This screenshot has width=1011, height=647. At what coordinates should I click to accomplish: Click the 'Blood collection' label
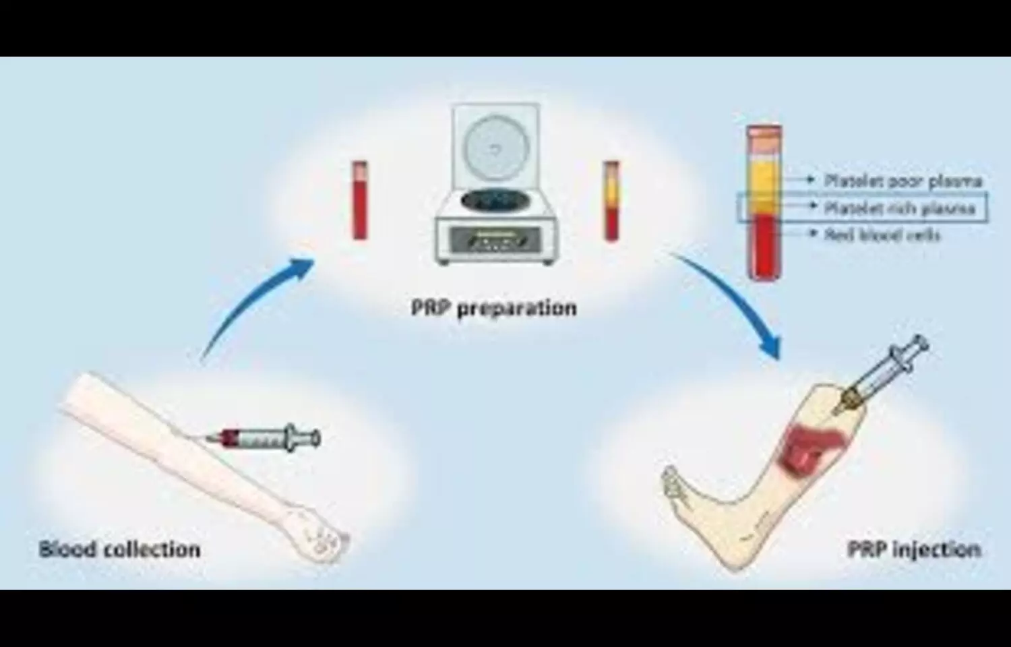(119, 549)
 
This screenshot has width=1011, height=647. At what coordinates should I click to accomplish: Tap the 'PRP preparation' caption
(493, 307)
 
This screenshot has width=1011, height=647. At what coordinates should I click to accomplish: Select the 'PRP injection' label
(913, 549)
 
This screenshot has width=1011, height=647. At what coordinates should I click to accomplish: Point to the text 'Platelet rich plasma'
(900, 208)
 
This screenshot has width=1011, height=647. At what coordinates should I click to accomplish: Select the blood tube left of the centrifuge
(360, 200)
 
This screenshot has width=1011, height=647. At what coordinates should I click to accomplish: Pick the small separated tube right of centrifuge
(611, 200)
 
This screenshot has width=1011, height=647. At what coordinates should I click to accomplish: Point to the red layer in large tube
(764, 246)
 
